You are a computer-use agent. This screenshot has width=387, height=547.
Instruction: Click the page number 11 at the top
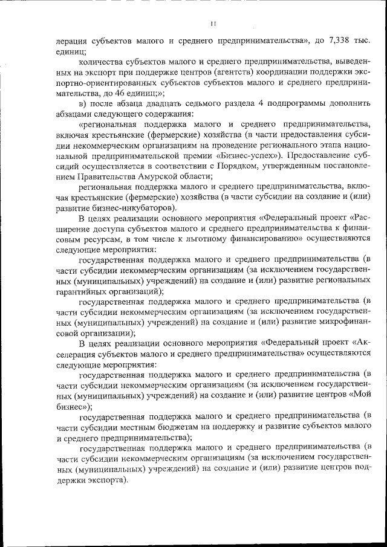pyautogui.click(x=212, y=24)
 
